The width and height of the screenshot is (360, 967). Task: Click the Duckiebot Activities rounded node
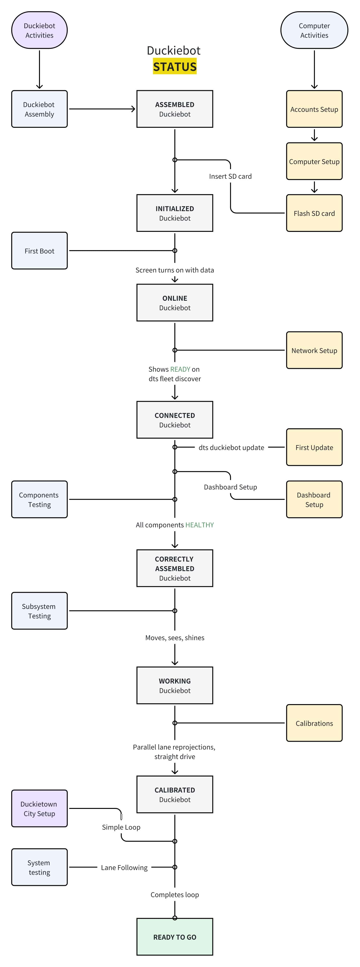39,30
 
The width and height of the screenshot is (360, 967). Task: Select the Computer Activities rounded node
314,30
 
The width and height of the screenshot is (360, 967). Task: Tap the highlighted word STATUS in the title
175,66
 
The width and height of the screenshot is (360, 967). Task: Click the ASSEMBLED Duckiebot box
175,109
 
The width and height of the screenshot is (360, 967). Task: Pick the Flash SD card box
314,213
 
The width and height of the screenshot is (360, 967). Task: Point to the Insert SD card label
230,176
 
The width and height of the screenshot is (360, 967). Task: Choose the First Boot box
39,250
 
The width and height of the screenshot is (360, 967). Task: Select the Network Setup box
314,350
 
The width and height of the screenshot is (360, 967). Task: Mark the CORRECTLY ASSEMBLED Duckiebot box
175,568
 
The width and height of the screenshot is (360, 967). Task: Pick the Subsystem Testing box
39,611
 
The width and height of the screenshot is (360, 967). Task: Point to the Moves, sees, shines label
175,637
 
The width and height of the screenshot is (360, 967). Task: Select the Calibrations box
314,723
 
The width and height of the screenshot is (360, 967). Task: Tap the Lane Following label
124,867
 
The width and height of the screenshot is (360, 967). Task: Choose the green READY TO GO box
175,937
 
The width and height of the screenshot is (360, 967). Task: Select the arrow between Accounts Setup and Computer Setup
314,135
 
